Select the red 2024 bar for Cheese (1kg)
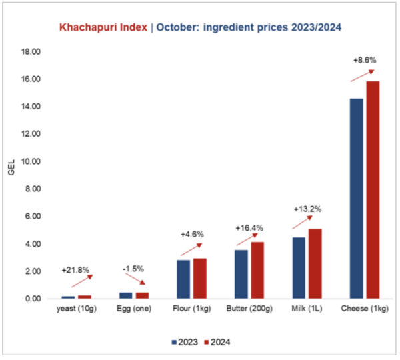point(373,190)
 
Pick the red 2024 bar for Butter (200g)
point(257,270)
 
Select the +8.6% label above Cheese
point(365,60)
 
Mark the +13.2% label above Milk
point(307,209)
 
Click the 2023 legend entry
point(184,342)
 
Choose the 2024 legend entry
point(219,342)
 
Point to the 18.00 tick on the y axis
point(31,51)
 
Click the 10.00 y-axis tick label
point(31,161)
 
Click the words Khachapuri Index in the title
point(103,29)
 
